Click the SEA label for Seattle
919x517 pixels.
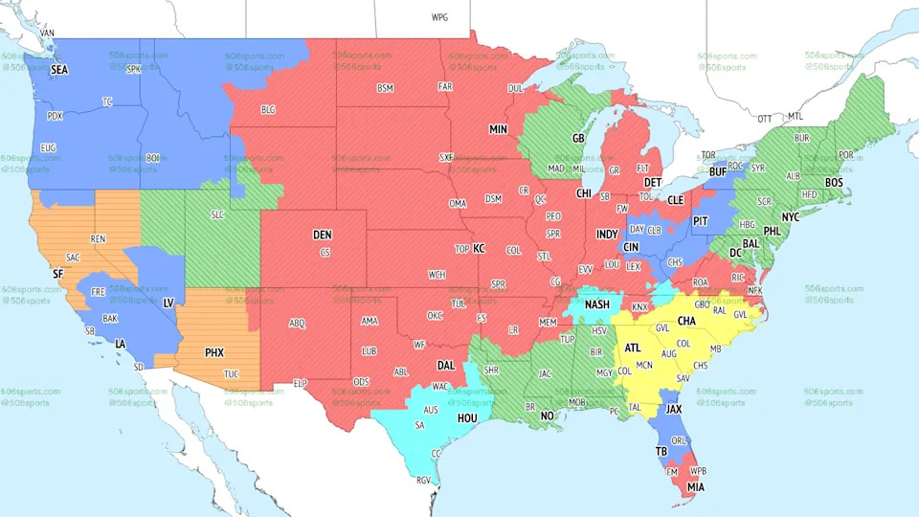pos(59,70)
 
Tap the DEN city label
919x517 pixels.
pos(322,235)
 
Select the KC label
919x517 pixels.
pos(480,249)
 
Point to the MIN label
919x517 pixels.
pos(498,129)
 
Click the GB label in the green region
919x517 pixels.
pos(578,138)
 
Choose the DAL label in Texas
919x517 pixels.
pos(445,365)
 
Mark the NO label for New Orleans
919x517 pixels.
pos(547,416)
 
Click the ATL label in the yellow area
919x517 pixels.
pos(633,348)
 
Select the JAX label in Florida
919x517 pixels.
pos(674,409)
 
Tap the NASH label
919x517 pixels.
pos(597,305)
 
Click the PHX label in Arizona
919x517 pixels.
pos(214,352)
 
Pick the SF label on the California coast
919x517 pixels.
pos(57,274)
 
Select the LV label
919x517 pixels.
pos(168,303)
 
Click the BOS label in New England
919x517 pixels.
pos(834,182)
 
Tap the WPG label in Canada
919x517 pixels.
pos(439,17)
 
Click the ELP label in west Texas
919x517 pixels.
pos(300,383)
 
